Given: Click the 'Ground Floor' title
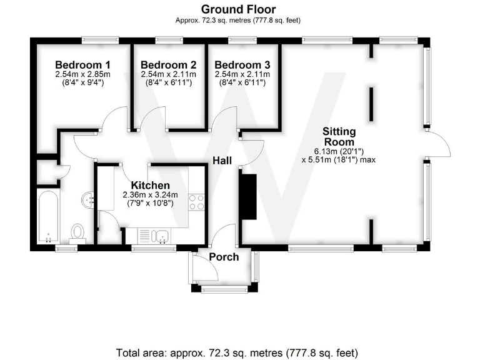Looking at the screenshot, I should point(238,9).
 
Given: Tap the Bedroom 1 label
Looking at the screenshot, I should point(82,65).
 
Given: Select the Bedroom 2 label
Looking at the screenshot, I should point(168,65).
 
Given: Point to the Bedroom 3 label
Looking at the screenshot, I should point(242,65).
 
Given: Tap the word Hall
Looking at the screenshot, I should point(222,161).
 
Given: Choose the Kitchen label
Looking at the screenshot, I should point(150,186).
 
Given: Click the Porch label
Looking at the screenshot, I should point(224,257).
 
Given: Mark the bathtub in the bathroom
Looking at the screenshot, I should point(48,218).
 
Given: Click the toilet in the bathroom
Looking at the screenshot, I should point(78,232).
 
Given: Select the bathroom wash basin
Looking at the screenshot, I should point(87,199).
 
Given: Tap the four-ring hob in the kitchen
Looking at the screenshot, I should point(197,202).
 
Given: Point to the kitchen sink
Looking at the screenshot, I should point(159,236).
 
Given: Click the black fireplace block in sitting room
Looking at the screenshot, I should point(248,197).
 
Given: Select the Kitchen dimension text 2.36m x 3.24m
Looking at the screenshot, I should point(150,194).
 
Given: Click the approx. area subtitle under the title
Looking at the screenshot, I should point(238,20).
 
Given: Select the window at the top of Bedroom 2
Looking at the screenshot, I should point(169,41).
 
